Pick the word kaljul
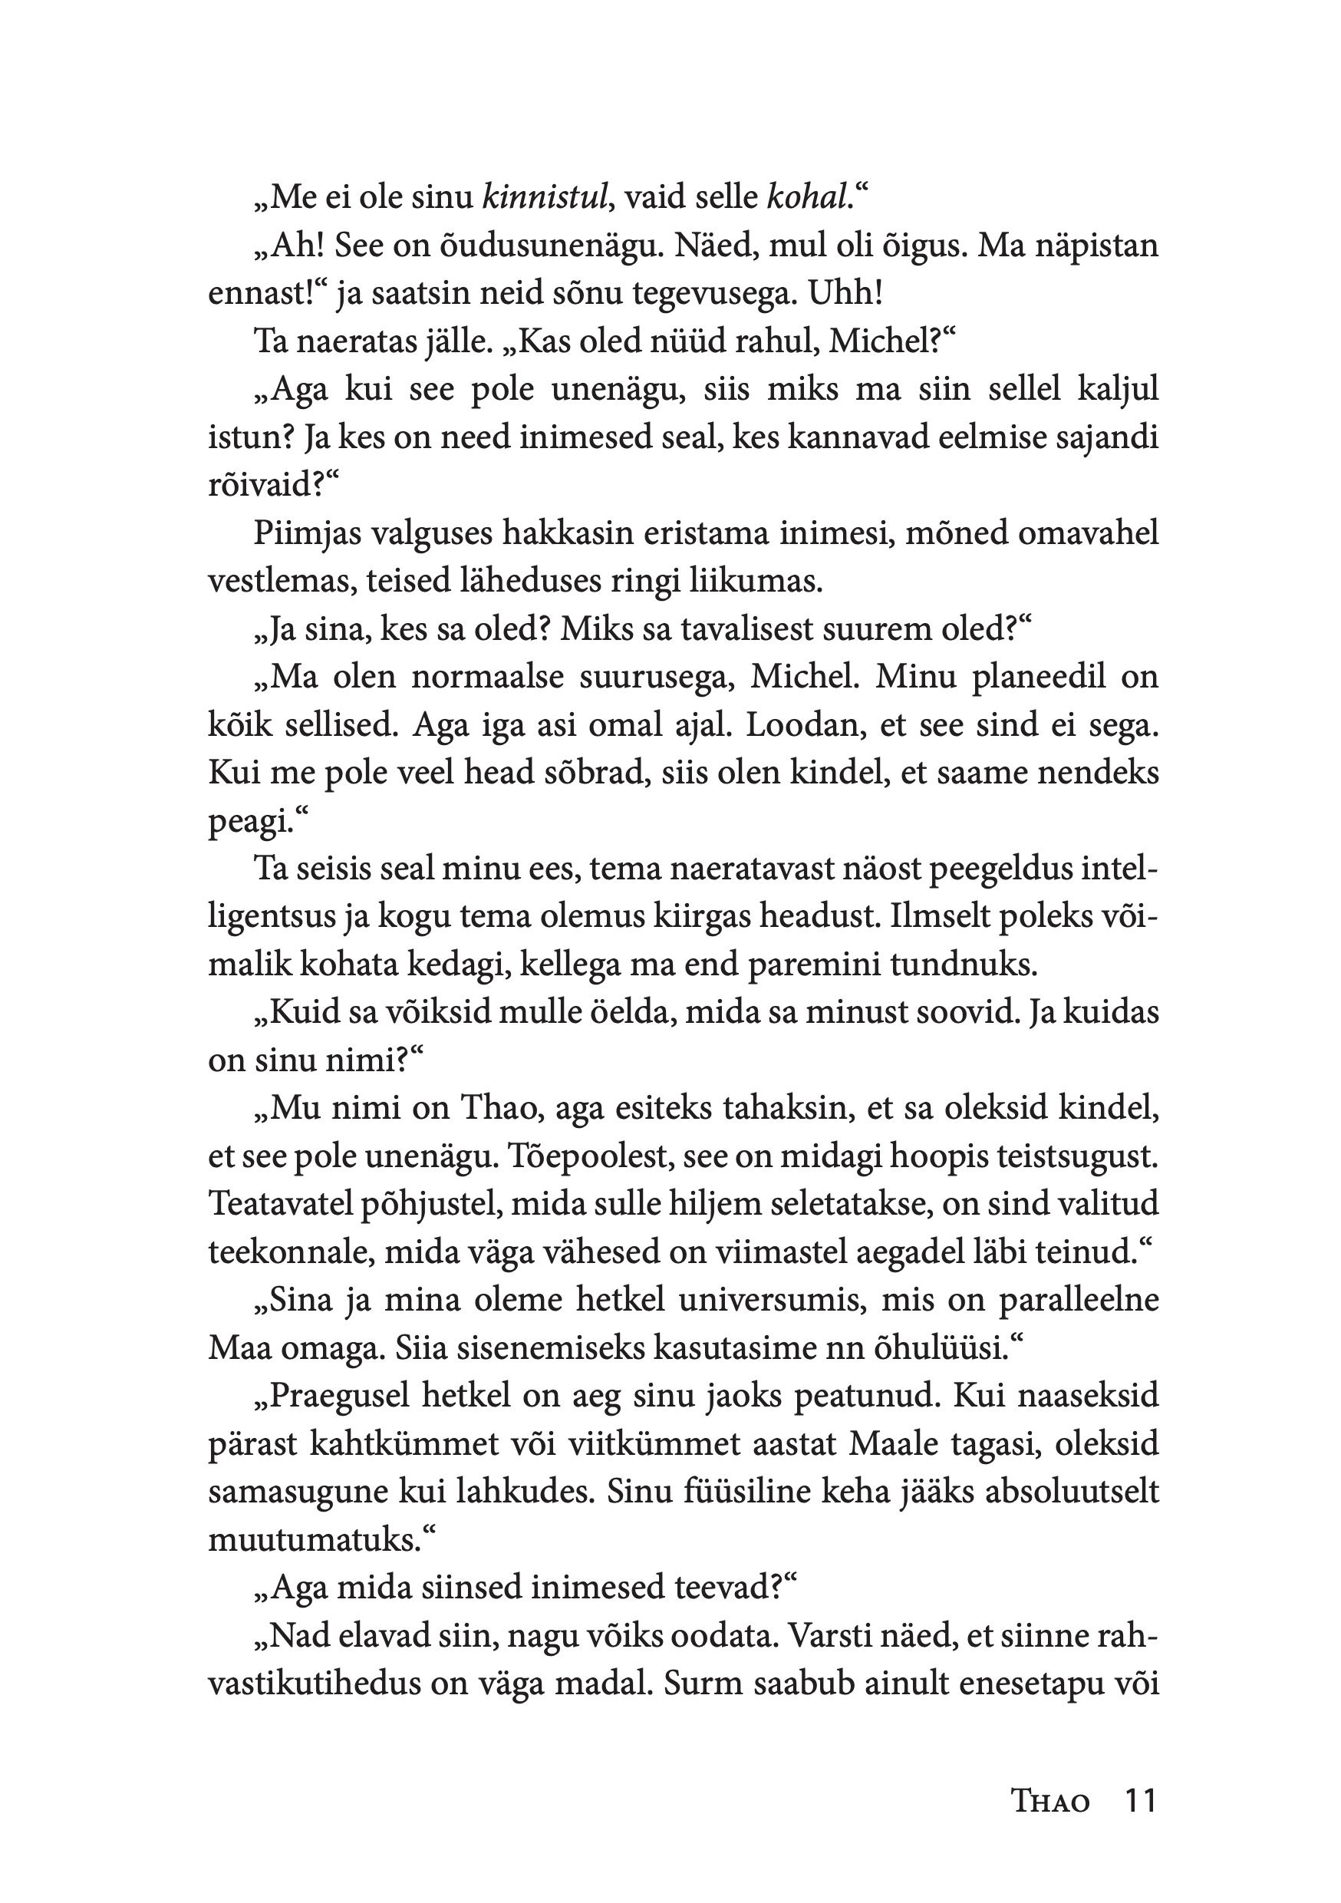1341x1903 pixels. pyautogui.click(x=1115, y=391)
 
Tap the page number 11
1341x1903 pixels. pyautogui.click(x=1138, y=1826)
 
